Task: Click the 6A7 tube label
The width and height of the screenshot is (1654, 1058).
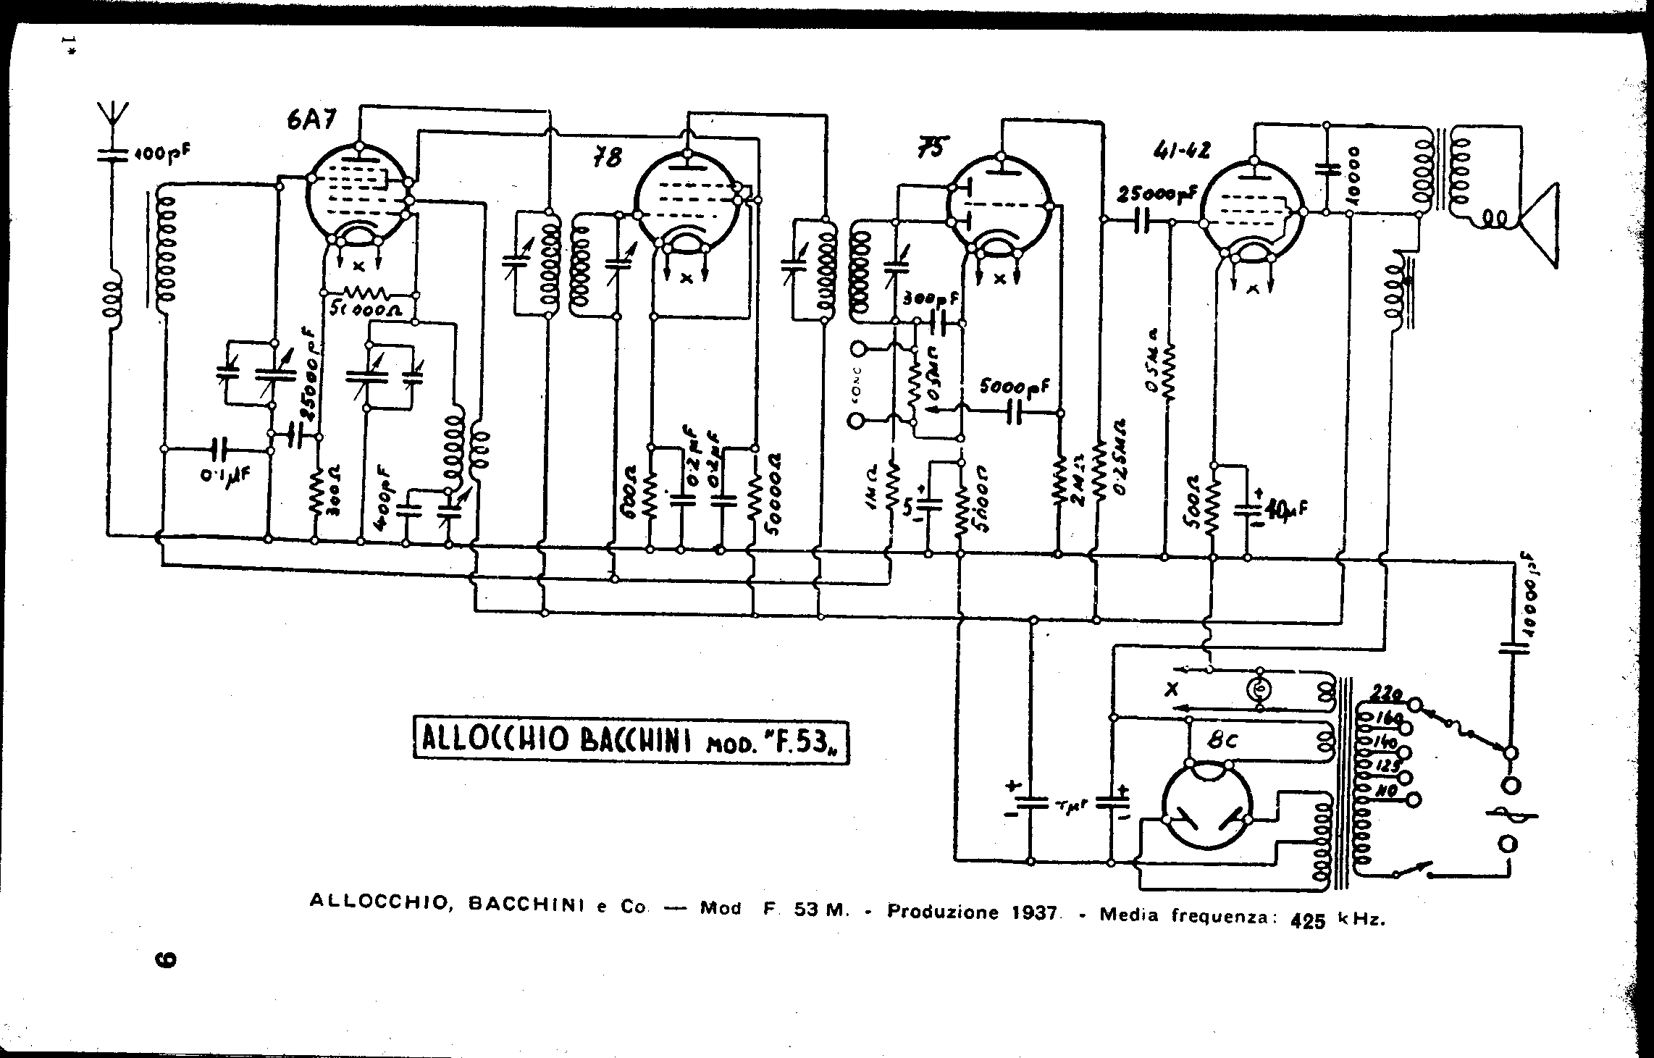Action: click(x=311, y=120)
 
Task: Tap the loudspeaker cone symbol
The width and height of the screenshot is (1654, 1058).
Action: click(x=1539, y=225)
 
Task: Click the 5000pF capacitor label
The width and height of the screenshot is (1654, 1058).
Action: click(x=1013, y=389)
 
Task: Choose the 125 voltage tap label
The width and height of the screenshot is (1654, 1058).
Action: click(x=1387, y=765)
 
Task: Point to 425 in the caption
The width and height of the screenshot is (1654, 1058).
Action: click(x=1313, y=921)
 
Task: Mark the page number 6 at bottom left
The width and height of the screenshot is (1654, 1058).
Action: click(x=166, y=960)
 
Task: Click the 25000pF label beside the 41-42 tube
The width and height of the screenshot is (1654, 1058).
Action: click(x=1156, y=193)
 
